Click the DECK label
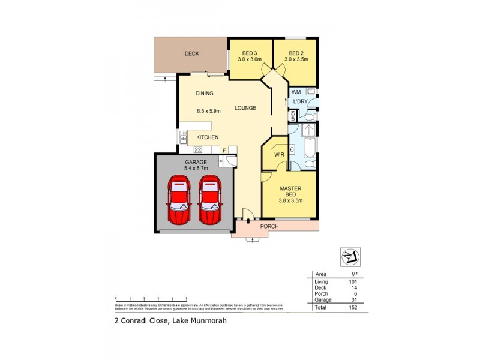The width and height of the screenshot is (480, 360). point(192,54)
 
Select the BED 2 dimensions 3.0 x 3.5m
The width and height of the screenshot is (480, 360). point(296,59)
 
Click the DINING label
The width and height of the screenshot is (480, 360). point(205,94)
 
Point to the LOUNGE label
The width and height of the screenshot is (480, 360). point(245,108)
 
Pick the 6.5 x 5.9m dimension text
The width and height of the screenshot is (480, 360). point(209,110)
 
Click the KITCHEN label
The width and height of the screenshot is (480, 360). point(207,138)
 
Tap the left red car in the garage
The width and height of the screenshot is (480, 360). point(179,200)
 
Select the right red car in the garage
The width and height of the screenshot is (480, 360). point(209,200)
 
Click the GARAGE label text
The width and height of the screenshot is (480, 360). point(196,162)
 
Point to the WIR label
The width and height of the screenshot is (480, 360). point(279,155)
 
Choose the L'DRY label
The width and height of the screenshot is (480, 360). point(300,102)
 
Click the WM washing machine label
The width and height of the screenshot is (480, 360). point(296,92)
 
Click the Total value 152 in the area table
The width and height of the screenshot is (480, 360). point(353,308)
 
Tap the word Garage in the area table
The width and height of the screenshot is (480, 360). point(323,299)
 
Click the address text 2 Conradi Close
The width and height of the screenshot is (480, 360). point(142,320)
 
